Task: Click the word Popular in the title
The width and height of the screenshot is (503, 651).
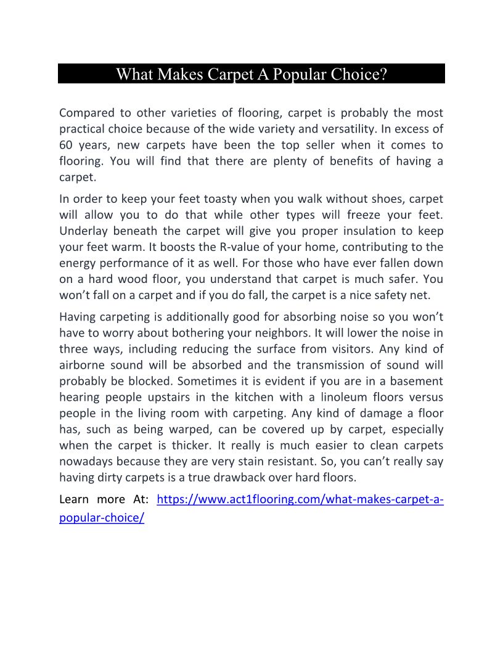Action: tap(299, 75)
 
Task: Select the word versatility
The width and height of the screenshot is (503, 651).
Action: tap(345, 129)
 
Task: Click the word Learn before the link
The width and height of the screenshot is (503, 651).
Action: tap(74, 499)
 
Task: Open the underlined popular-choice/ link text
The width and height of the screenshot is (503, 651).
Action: tap(102, 518)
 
